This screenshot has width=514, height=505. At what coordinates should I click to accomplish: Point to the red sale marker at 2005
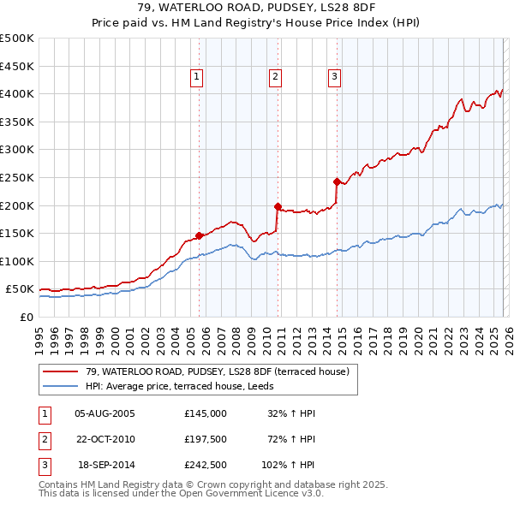coord(199,235)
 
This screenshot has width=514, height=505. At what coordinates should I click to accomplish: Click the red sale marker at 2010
coord(278,206)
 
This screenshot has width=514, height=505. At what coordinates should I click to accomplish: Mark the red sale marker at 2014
coord(337,181)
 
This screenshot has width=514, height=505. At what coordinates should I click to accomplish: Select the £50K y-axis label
coord(20,289)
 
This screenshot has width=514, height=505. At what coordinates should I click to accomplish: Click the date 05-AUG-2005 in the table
coord(105,413)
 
